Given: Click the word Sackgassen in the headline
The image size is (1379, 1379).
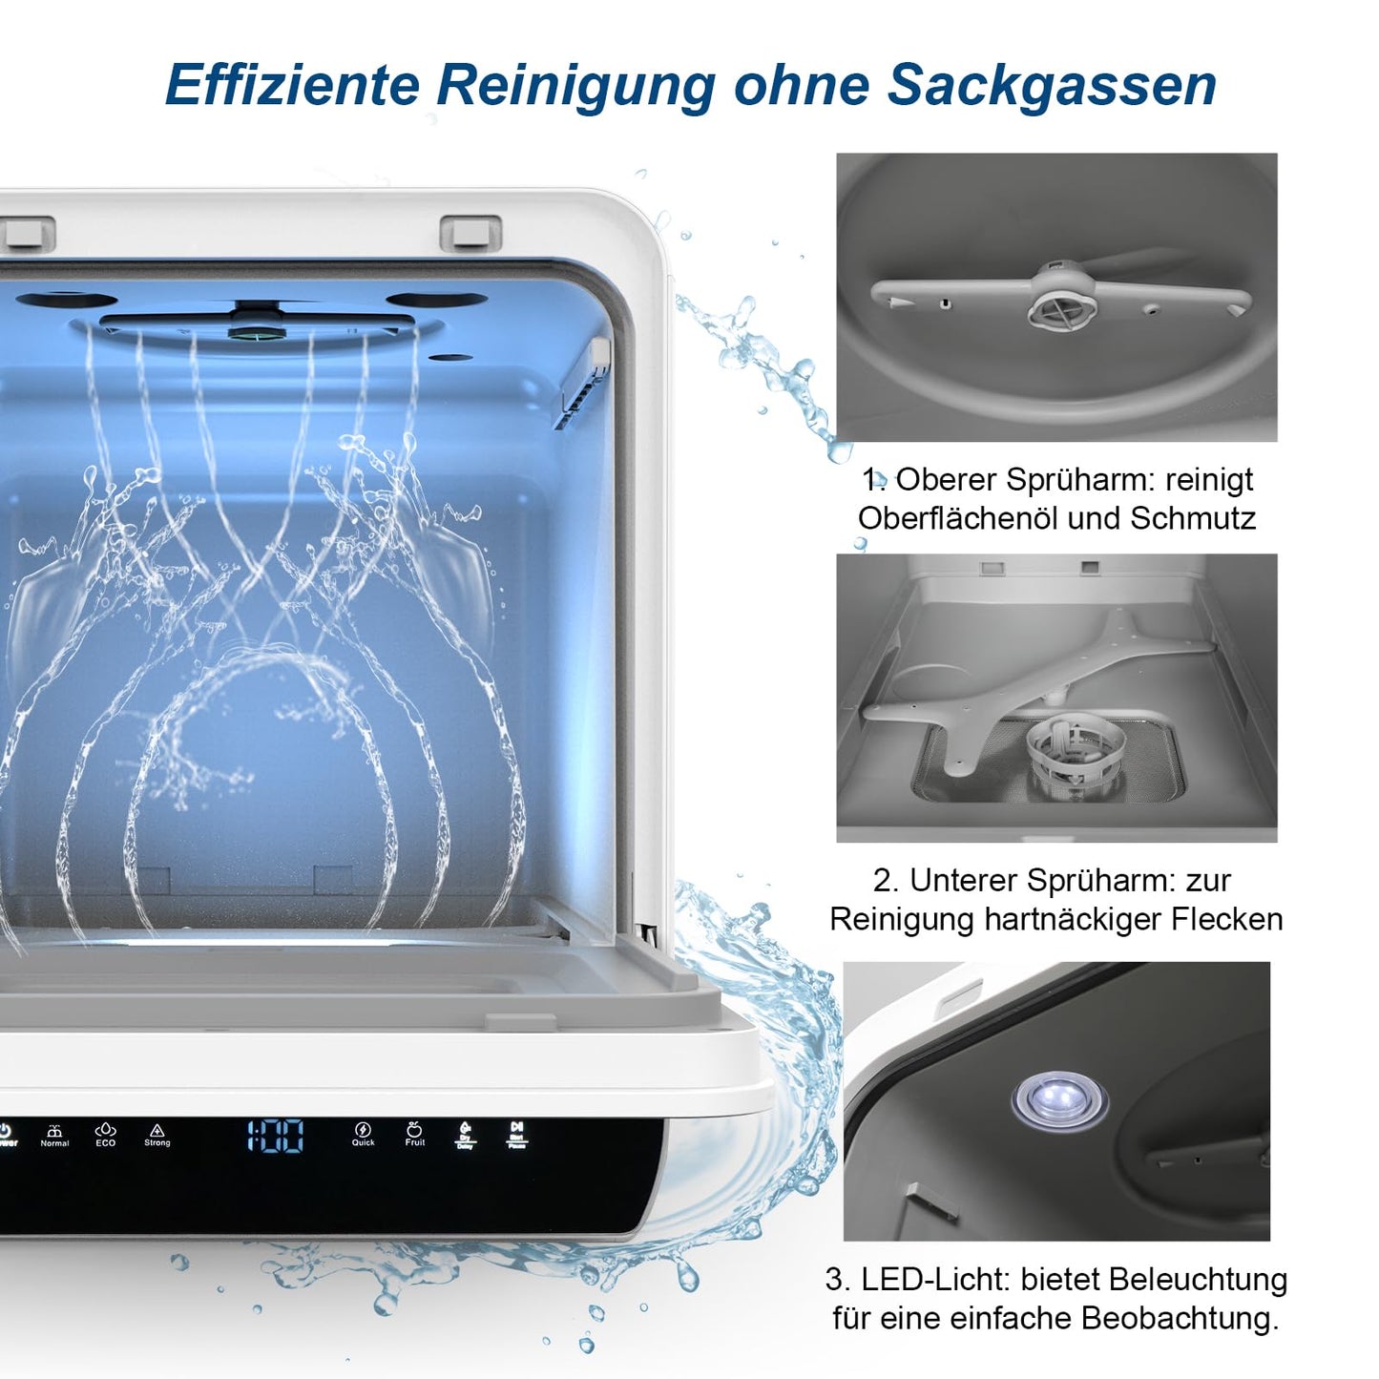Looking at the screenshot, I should tap(1052, 85).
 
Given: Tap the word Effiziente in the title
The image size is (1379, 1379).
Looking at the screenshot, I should tap(292, 85).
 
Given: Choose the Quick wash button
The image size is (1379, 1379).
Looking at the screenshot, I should tap(363, 1134).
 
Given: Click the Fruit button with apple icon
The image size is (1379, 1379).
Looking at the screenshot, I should tap(414, 1134).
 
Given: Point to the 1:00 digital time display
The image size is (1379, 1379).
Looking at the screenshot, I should tap(276, 1136).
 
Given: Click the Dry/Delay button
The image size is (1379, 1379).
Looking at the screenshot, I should tap(465, 1135).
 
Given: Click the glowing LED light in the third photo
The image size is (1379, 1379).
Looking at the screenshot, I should tap(1060, 1098).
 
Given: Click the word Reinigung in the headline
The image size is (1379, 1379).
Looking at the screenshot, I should tap(576, 85).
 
